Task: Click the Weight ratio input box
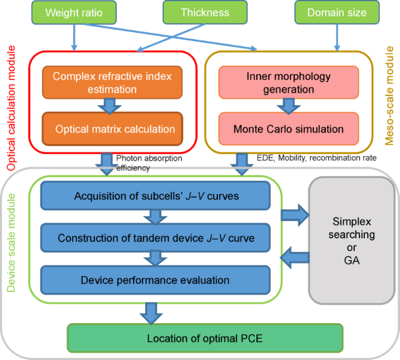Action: (x=74, y=12)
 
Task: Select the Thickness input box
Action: (x=205, y=12)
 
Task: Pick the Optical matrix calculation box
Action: (x=115, y=129)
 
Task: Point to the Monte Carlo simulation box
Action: (x=289, y=129)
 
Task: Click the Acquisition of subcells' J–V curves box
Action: (x=155, y=196)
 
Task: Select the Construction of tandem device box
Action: (x=155, y=238)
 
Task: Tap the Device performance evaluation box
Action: (x=155, y=280)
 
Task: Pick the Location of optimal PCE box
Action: (x=205, y=339)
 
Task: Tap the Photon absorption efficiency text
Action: (x=149, y=163)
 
